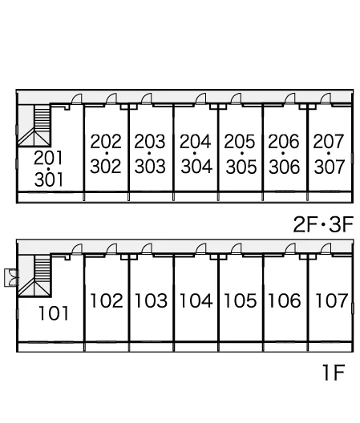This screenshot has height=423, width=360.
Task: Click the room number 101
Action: click(54, 313)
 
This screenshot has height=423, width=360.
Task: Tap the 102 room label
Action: click(107, 300)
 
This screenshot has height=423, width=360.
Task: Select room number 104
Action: click(196, 300)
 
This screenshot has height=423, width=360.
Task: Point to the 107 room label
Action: click(332, 300)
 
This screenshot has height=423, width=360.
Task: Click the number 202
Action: click(106, 141)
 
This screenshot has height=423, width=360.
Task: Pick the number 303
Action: click(150, 166)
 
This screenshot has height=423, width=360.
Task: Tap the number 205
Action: click(239, 141)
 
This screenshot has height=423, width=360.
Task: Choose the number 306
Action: click(284, 166)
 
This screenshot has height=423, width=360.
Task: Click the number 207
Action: click(329, 141)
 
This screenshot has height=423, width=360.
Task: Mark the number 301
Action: click(49, 179)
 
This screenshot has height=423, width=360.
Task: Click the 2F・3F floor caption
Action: click(323, 224)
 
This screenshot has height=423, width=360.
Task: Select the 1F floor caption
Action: click(334, 373)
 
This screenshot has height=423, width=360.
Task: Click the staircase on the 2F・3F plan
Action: click(34, 126)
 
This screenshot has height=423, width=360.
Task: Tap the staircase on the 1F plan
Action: click(34, 276)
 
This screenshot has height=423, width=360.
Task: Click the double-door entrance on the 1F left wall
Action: click(11, 278)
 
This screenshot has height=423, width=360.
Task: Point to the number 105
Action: click(241, 300)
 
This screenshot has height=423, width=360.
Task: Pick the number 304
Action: click(196, 166)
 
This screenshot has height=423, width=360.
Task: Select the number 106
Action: click(285, 300)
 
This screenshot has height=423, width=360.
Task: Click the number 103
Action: click(151, 300)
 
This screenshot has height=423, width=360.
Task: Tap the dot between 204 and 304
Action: click(195, 153)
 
